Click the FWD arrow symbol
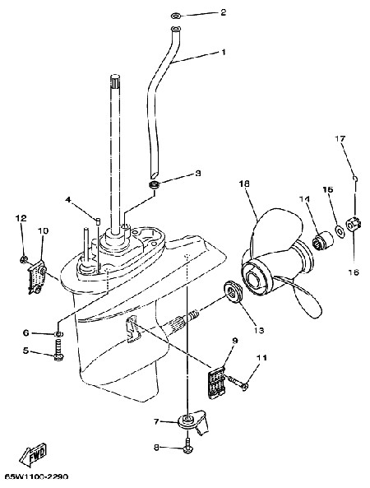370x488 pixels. tap(33, 455)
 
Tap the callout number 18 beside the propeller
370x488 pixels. tap(244, 184)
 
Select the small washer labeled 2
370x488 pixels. tap(176, 16)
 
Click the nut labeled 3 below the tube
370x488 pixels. tap(154, 185)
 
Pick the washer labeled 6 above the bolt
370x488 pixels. tap(58, 334)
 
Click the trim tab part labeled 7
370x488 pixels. tap(192, 421)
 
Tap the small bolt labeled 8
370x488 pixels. tap(187, 445)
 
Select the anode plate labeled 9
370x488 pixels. tap(216, 383)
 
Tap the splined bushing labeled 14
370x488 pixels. tap(321, 239)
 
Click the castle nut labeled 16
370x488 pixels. tap(354, 225)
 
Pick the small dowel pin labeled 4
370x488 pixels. tap(98, 221)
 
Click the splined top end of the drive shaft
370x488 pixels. tap(115, 81)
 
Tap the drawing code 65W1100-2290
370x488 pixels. tap(35, 477)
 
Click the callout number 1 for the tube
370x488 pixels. tap(231, 52)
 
